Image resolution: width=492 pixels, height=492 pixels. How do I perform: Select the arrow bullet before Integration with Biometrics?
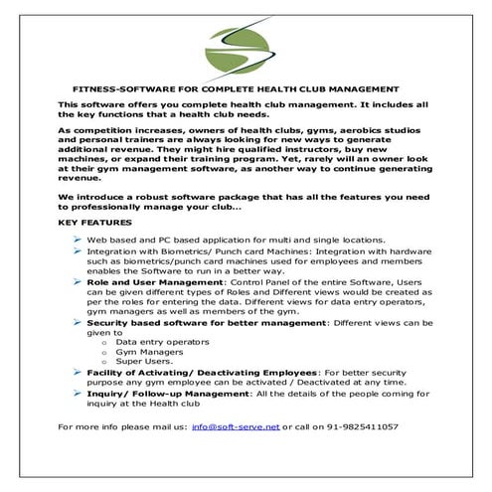point(78,252)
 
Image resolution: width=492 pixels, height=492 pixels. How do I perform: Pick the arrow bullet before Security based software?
point(78,323)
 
